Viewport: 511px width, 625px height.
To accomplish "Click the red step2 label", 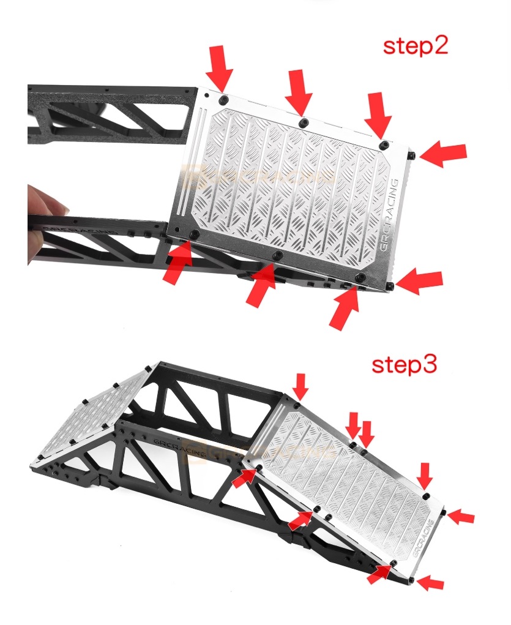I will (x=416, y=47).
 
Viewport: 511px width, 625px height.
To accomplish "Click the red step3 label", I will (x=405, y=365).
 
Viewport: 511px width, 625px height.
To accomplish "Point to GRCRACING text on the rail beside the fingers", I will (x=80, y=227).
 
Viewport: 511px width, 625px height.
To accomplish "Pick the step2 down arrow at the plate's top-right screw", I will (x=379, y=115).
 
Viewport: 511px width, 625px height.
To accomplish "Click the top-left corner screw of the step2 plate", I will (x=225, y=99).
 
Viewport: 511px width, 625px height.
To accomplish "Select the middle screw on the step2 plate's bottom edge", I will (x=277, y=254).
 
